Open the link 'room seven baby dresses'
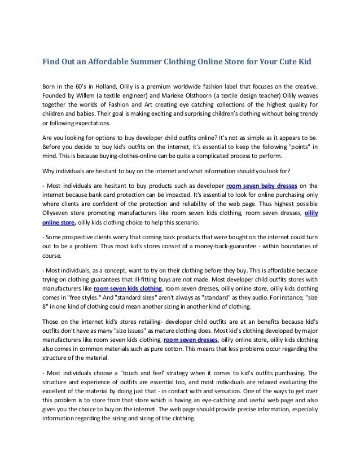(263, 186)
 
